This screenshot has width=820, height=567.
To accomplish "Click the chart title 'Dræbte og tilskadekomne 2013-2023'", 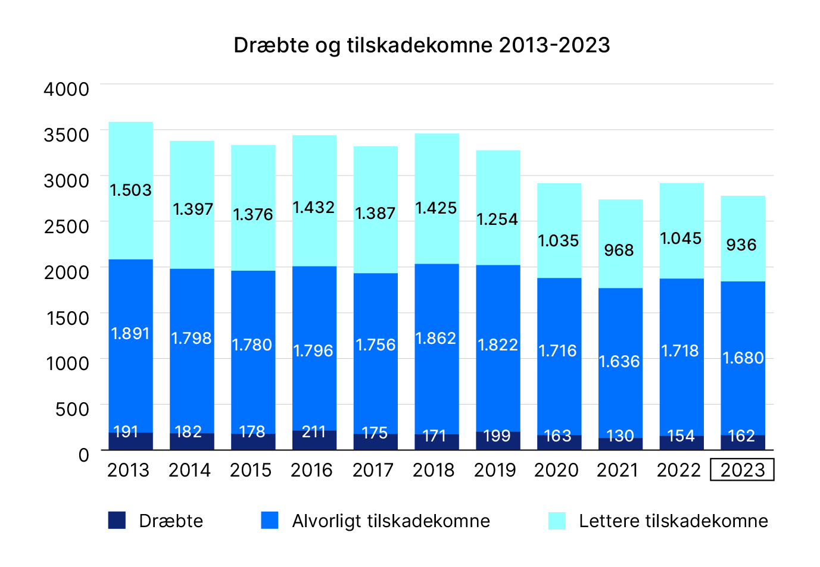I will tap(422, 45).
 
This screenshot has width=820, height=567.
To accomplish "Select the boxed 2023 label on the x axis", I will tap(742, 470).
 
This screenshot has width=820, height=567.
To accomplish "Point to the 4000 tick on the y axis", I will tap(67, 89).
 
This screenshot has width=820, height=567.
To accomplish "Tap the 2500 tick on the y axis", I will tap(67, 227).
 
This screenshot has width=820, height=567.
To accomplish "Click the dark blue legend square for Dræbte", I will tap(117, 521).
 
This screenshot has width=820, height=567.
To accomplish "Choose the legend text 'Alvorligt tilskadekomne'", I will tap(391, 521).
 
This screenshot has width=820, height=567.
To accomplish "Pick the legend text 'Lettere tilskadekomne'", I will tap(673, 521).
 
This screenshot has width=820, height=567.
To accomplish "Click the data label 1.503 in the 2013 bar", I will tap(131, 190).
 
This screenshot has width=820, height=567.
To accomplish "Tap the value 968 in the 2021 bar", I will tap(619, 250).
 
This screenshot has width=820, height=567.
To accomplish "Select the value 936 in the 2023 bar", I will tap(741, 245).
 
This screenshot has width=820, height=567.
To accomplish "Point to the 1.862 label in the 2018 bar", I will tap(436, 338).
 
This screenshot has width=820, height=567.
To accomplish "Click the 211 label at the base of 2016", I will tap(314, 431).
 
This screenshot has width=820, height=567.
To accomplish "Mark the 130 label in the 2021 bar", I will tap(620, 436).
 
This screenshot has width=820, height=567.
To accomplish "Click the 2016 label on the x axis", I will tap(311, 470).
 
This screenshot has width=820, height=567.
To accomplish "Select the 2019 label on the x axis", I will tap(495, 470).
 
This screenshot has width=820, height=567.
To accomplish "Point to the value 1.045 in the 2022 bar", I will tap(681, 238).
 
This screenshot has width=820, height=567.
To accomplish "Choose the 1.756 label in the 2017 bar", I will tap(375, 344).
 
